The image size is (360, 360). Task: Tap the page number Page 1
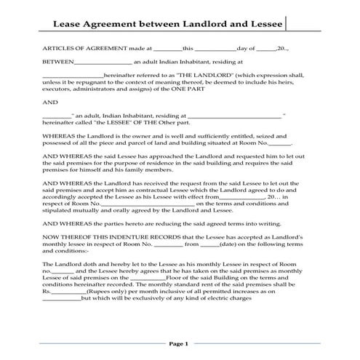tap(179, 343)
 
